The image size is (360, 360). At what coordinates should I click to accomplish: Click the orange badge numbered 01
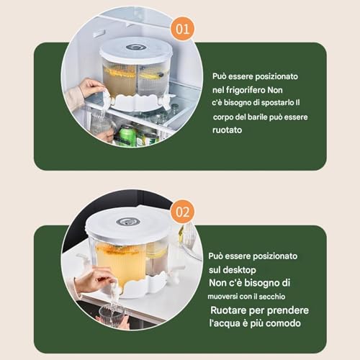[182, 29]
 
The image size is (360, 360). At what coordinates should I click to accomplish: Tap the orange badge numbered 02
[182, 212]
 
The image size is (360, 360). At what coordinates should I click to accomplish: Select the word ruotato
[227, 130]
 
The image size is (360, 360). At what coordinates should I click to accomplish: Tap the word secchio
[272, 297]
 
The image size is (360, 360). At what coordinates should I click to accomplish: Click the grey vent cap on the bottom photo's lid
[125, 222]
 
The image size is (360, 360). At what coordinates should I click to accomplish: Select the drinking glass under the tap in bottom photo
[112, 315]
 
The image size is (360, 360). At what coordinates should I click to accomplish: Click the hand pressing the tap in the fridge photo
[92, 88]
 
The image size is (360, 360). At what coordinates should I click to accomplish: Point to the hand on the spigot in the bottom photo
[99, 282]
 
